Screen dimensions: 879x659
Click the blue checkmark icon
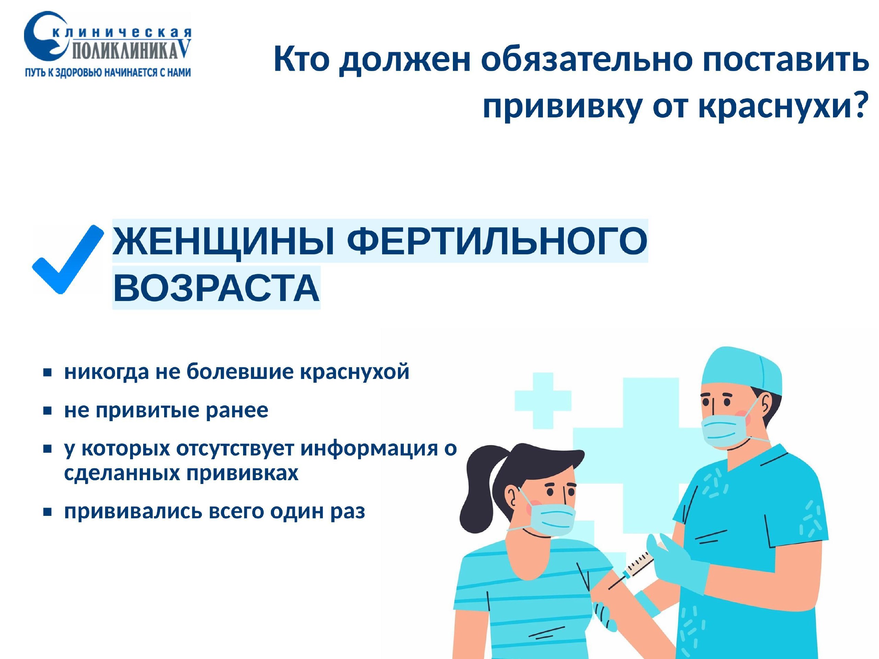(68, 260)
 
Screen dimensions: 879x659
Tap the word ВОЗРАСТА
(216, 288)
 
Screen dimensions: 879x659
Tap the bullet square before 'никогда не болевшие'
(48, 373)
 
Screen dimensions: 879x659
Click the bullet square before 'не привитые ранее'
(48, 411)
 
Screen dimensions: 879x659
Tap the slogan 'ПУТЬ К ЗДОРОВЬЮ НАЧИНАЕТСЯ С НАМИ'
(108, 73)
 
